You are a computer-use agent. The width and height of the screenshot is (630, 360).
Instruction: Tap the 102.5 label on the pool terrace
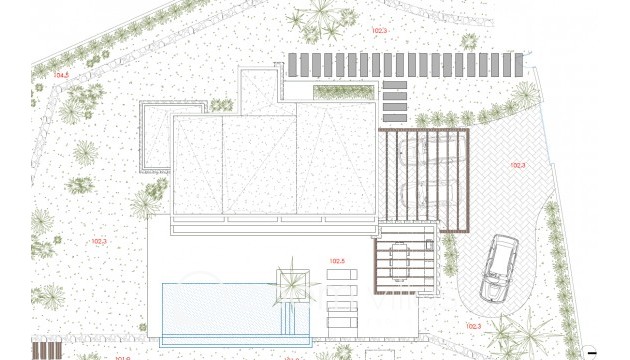coord(336,261)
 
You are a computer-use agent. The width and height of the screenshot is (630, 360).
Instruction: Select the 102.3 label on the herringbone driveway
coord(517,165)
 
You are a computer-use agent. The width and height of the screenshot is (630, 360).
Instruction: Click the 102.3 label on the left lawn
coord(99,241)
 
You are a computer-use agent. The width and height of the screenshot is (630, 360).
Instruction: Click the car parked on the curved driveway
coord(496,268)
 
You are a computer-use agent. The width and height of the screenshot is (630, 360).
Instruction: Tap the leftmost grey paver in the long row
coord(293,65)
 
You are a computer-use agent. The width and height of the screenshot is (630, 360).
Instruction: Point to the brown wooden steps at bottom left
coord(48,350)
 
